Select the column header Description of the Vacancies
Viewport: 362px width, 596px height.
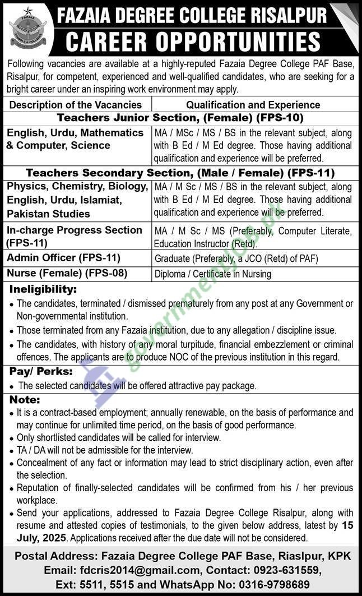[76, 104]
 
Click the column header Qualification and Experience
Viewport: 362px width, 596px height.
[253, 104]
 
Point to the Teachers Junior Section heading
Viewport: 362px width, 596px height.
[180, 118]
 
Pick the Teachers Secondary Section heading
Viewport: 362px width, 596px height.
[180, 173]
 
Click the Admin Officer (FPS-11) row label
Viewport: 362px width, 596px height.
[63, 257]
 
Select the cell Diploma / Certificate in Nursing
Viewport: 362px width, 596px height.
[213, 274]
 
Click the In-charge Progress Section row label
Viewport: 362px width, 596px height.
[74, 236]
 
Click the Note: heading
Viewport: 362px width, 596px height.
[25, 400]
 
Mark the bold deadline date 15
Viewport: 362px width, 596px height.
[348, 526]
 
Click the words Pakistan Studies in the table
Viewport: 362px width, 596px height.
[48, 214]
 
